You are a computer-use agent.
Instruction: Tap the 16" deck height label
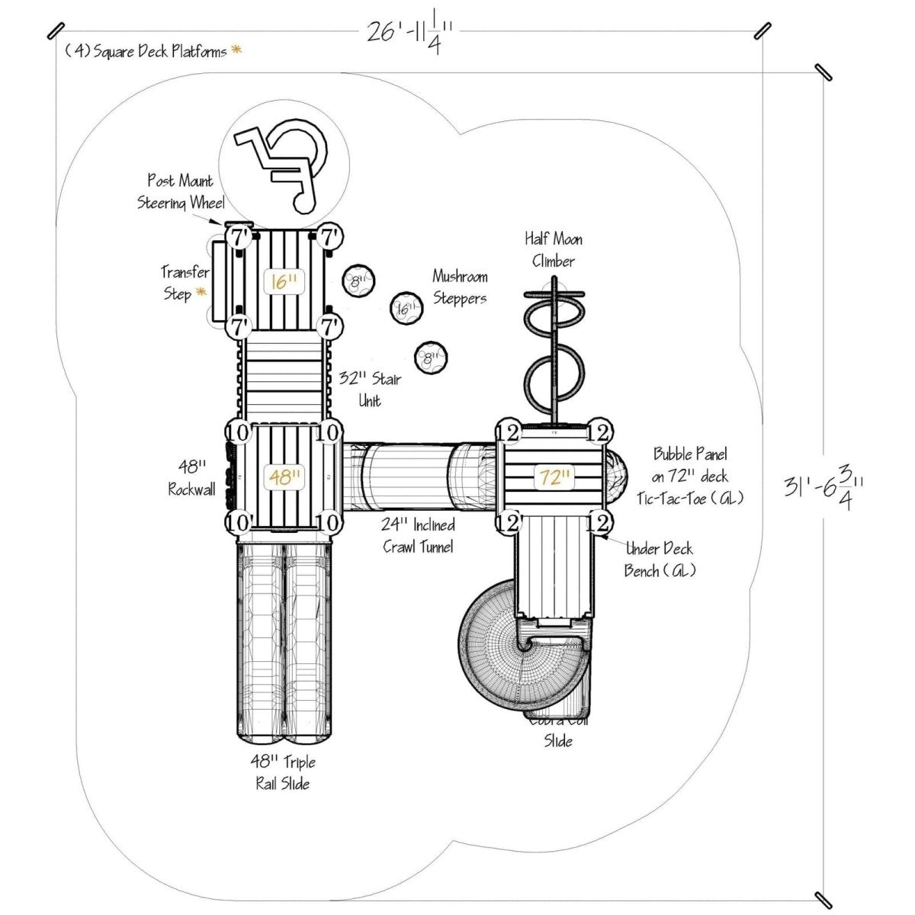click(283, 281)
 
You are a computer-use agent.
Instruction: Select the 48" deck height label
click(283, 477)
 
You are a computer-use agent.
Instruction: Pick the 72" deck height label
click(554, 478)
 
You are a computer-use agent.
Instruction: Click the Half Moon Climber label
click(554, 250)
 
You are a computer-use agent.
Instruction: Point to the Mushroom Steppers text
click(460, 287)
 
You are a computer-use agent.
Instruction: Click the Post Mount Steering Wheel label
click(181, 191)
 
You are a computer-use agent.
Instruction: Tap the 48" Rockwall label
click(191, 477)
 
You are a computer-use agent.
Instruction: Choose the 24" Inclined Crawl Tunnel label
click(419, 535)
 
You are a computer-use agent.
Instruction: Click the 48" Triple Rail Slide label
click(282, 772)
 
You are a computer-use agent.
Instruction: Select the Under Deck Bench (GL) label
click(660, 559)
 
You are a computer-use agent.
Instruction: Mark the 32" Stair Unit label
click(370, 389)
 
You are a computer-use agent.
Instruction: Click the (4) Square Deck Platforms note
click(146, 52)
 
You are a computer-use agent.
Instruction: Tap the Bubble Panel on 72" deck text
click(690, 466)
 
